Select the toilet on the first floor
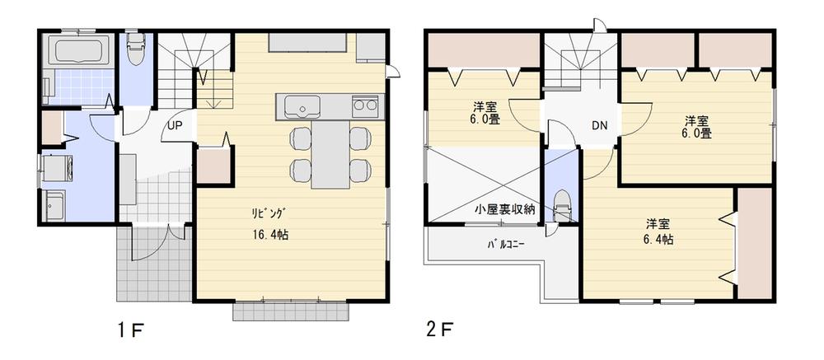click(135, 48)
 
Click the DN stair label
click(599, 126)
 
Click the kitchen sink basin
click(302, 106)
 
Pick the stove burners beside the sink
click(364, 105)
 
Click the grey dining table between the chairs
click(327, 152)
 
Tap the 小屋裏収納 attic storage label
click(505, 209)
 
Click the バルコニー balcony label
click(504, 245)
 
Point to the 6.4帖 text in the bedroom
click(657, 240)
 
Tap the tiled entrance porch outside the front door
click(153, 264)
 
